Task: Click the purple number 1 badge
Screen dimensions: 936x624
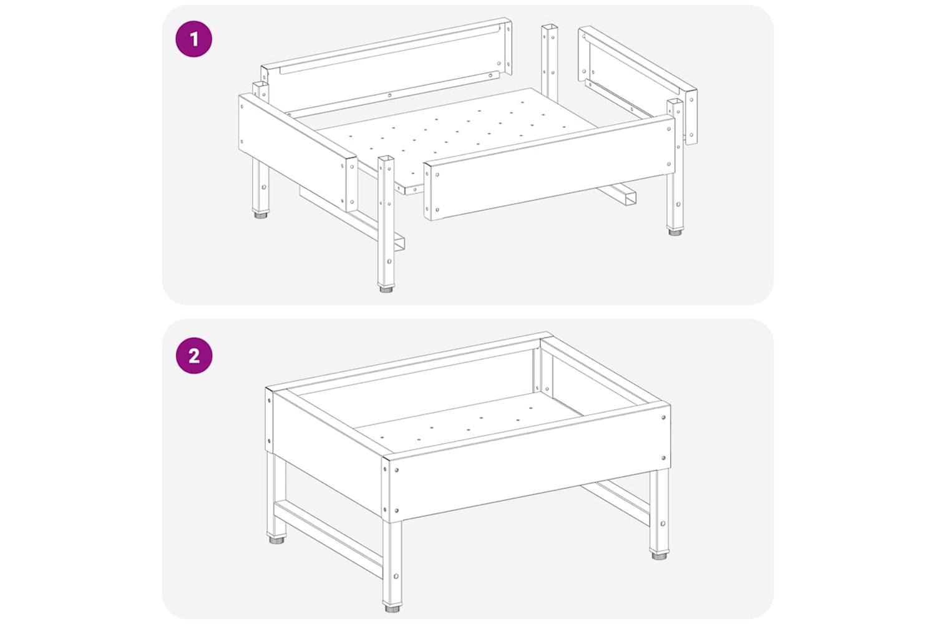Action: point(194,39)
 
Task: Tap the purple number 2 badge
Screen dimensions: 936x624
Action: point(194,356)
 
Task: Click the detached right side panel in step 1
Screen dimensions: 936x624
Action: point(637,84)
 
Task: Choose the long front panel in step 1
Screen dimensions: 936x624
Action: point(549,168)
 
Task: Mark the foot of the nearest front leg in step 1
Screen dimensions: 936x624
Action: point(386,288)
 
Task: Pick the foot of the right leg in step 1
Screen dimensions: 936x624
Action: point(673,232)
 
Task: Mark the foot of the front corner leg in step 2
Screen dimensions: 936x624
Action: point(391,608)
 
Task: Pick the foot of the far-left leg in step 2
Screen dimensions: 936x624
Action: point(276,540)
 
